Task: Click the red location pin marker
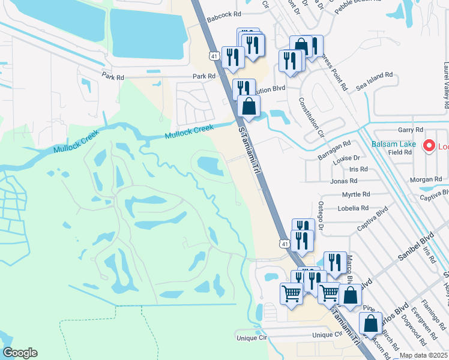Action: tap(429, 145)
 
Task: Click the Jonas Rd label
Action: tap(343, 181)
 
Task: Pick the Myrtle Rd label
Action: tap(357, 194)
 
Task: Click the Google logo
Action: tap(20, 352)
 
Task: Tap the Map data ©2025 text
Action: tap(424, 355)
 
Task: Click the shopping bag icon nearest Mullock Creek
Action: tap(249, 106)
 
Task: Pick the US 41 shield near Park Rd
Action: tap(214, 55)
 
